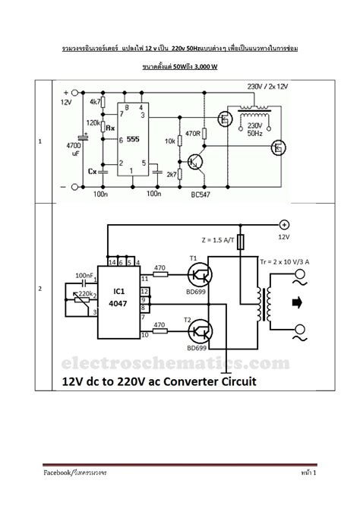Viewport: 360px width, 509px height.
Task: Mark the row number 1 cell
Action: [40, 142]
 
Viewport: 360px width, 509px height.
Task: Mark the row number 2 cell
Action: [40, 289]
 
